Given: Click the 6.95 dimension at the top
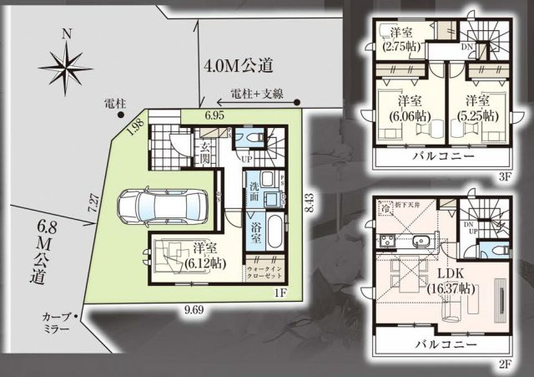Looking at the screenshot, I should click(x=215, y=114).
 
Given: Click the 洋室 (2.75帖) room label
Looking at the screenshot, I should click(x=402, y=38).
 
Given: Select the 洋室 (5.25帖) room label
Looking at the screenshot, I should click(x=477, y=109).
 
